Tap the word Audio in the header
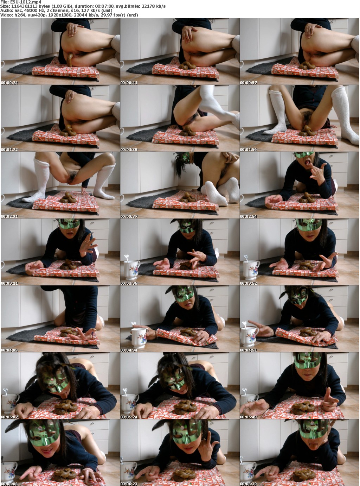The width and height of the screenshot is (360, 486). tap(6, 11)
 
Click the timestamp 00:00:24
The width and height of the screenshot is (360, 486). tap(9, 83)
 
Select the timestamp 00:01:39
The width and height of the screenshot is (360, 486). tap(129, 150)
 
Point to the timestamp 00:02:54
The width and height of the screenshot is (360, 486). tap(249, 216)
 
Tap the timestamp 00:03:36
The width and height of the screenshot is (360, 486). tap(129, 283)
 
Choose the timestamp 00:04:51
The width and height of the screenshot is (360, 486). tap(249, 350)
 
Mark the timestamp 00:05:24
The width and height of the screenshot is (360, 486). tap(129, 417)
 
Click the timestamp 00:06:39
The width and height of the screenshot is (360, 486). tap(249, 484)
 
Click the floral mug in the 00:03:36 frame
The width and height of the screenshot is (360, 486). tap(131, 270)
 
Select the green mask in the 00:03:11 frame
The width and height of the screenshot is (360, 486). tap(69, 224)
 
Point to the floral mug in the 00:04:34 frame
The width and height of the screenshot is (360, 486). tap(140, 337)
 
